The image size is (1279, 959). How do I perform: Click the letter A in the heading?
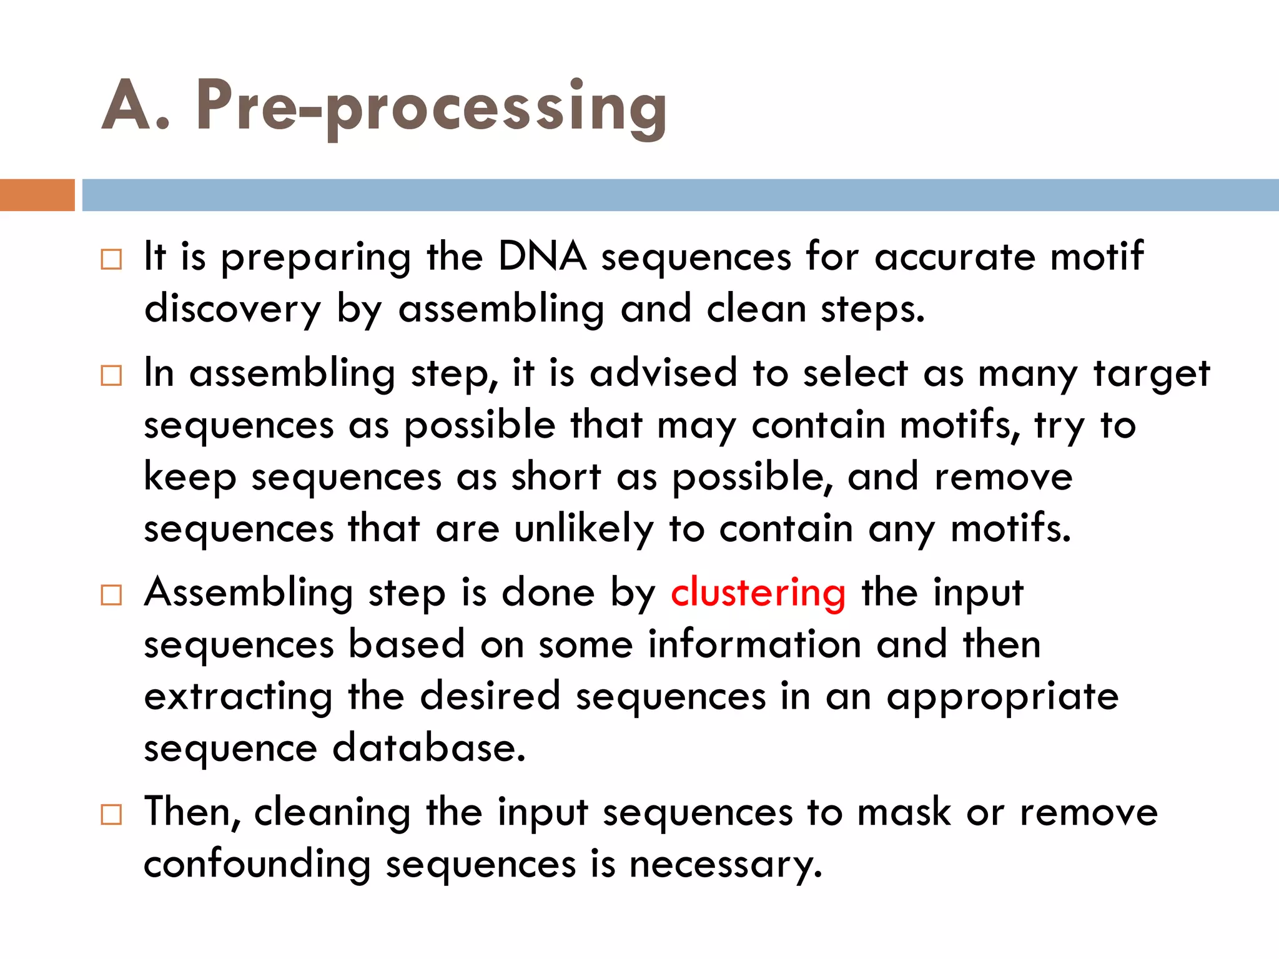point(127,106)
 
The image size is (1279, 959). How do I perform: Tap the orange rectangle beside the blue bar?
point(37,195)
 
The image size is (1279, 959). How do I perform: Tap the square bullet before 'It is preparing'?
point(111,259)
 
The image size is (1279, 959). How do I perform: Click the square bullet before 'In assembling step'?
point(111,376)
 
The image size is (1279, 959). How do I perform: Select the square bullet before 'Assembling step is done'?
point(111,595)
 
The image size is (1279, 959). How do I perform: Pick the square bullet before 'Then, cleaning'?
point(111,815)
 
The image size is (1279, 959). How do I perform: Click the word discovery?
point(232,309)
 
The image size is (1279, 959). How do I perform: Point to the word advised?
point(663,373)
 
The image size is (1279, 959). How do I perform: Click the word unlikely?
point(583,528)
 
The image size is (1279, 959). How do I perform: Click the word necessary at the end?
point(725,865)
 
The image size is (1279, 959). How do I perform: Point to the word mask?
point(903,812)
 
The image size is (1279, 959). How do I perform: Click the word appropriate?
point(1002,697)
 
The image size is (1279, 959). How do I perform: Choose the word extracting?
point(238,696)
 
